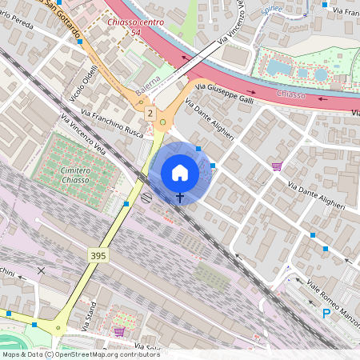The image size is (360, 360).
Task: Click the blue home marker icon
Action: [180, 172]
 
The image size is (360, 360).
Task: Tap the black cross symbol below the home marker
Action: [180, 197]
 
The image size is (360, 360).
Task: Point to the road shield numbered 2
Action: [149, 114]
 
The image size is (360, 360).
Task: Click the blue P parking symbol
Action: [326, 314]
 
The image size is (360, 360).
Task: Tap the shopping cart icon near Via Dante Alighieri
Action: [276, 166]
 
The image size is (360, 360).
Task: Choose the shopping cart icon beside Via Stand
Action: [119, 331]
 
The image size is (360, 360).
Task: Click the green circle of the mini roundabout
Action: [163, 122]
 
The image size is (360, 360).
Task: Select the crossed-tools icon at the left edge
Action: [41, 270]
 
